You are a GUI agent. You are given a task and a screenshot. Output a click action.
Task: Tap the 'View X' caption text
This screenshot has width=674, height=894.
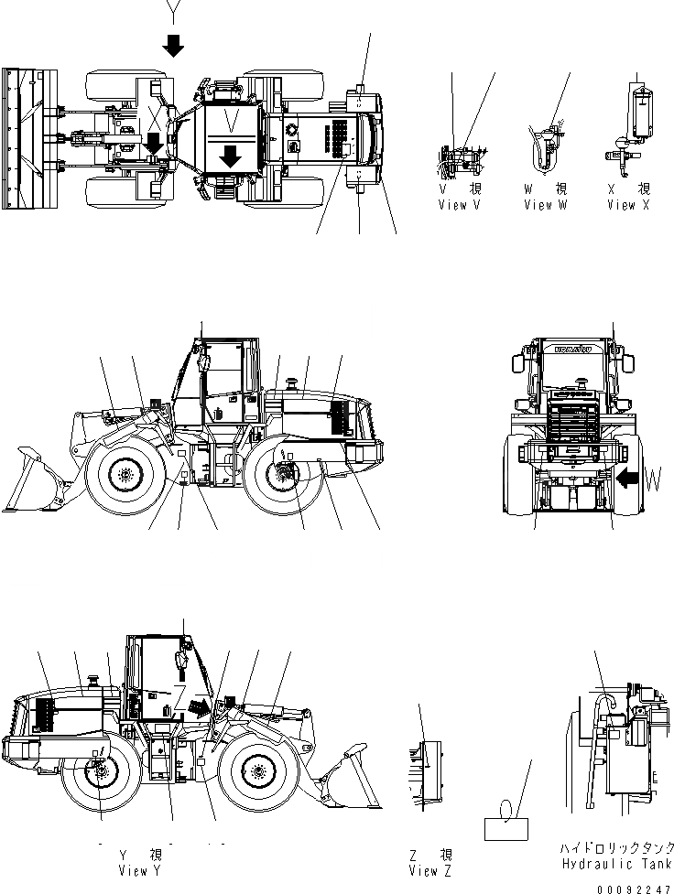(628, 205)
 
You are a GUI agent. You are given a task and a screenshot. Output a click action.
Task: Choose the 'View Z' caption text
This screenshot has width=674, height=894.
(429, 871)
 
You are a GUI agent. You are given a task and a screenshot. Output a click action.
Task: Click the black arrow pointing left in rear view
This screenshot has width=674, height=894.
(628, 478)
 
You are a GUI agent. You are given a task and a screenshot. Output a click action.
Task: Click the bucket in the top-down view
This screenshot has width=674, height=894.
(20, 135)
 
